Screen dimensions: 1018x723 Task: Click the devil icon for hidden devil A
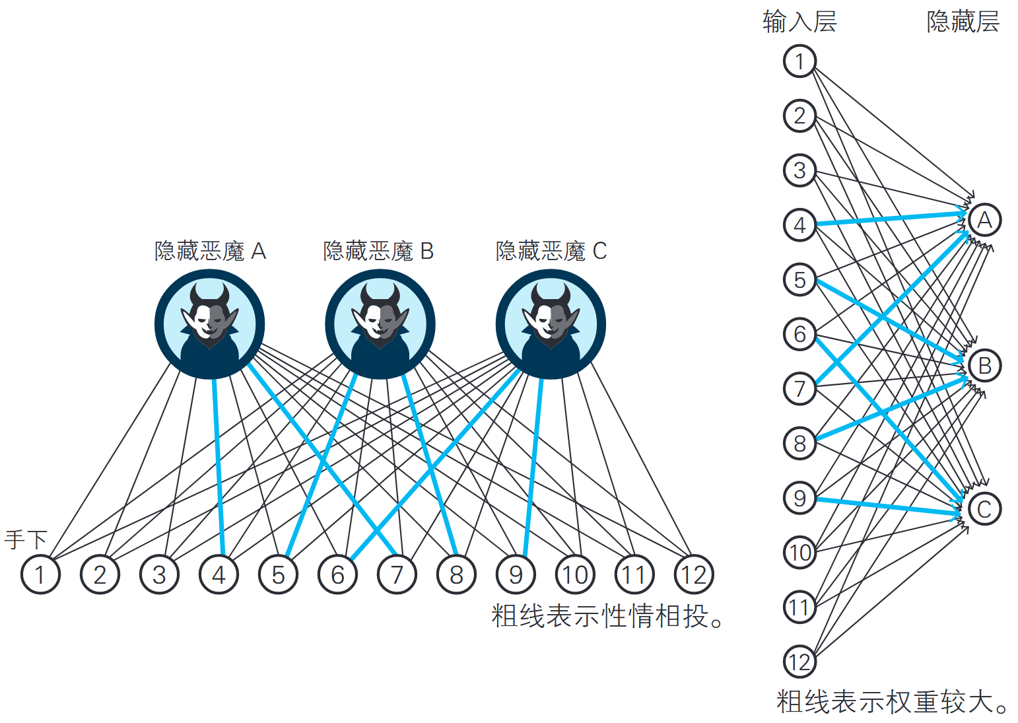210,324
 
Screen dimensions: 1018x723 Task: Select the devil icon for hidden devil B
380,324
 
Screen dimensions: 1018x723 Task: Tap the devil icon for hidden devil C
551,324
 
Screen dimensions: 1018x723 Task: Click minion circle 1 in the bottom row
40,574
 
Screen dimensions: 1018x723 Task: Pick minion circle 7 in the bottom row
397,574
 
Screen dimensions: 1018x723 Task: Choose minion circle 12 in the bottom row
694,574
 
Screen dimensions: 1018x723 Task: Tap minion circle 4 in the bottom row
219,574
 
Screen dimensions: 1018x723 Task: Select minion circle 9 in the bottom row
516,574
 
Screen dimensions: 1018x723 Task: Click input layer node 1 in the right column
799,61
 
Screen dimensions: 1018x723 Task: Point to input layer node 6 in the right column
799,334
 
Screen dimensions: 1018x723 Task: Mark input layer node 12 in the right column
799,662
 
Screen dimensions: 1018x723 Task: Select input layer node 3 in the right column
799,170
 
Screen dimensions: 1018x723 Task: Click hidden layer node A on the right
984,220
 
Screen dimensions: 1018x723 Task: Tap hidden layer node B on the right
984,365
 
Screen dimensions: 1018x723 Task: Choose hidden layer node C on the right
984,509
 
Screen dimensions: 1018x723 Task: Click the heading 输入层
799,22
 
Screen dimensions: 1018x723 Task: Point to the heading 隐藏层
963,22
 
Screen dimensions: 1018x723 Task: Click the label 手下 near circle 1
26,539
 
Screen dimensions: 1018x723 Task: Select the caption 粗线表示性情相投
607,616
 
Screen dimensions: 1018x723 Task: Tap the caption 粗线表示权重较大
891,701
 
